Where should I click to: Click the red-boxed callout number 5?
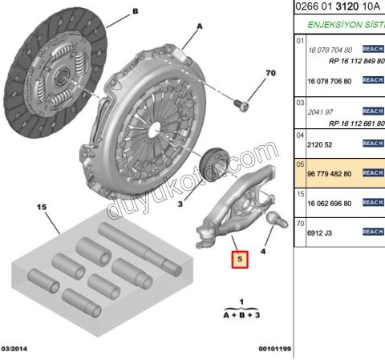tap(239, 260)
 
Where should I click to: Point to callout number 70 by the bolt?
tap(270, 74)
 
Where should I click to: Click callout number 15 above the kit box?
tap(42, 206)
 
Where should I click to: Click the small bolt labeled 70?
tap(241, 102)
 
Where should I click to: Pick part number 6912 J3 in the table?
tap(321, 232)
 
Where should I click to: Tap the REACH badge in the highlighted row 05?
tap(373, 172)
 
